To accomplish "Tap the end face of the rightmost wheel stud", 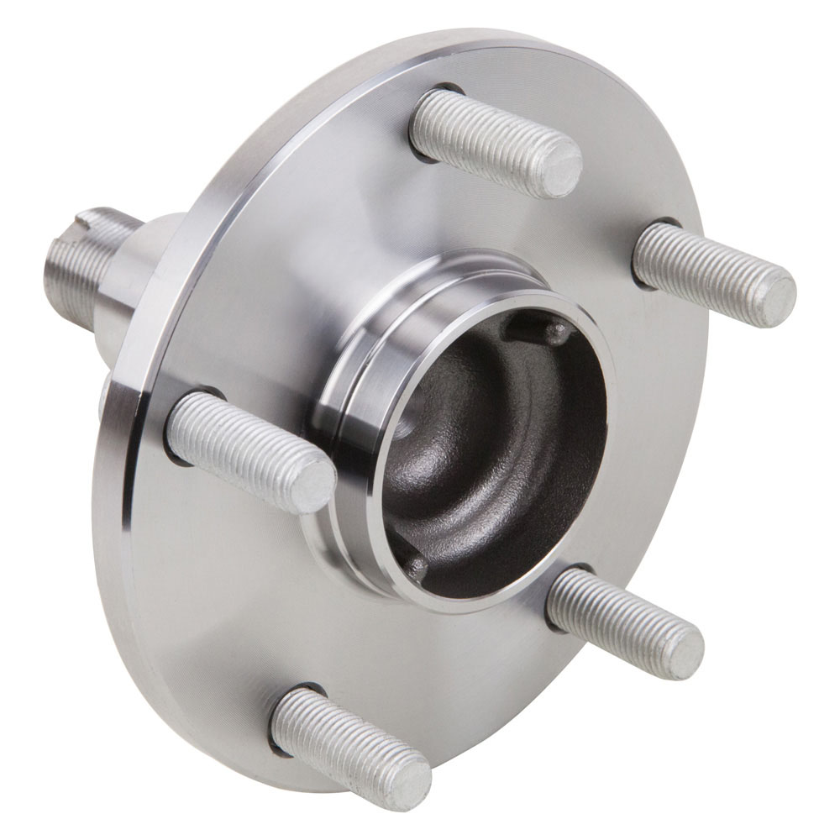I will (x=774, y=300).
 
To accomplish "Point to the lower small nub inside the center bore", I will (x=415, y=568).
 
